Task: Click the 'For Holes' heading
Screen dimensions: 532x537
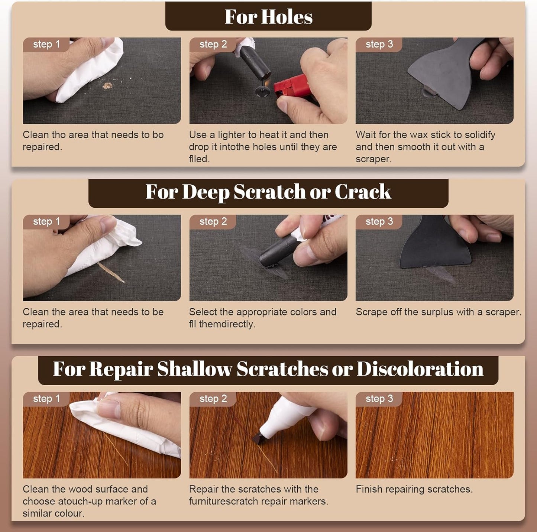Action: click(x=268, y=17)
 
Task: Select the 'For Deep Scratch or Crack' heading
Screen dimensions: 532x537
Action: click(x=268, y=192)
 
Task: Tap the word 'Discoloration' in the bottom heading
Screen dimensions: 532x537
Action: click(x=420, y=369)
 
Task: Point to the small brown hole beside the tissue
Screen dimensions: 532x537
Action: click(x=107, y=86)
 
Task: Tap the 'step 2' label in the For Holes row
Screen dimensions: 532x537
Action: click(x=213, y=44)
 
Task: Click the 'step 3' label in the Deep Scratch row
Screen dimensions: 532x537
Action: click(x=379, y=221)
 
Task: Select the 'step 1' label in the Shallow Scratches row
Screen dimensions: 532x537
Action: click(x=46, y=399)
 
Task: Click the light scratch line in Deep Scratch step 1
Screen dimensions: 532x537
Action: click(x=111, y=272)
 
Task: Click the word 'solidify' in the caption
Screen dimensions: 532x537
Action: click(x=480, y=135)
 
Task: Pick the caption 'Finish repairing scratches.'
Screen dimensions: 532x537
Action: click(x=414, y=489)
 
